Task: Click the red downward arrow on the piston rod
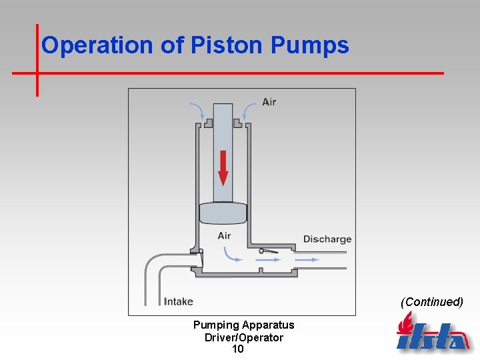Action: pos(223,167)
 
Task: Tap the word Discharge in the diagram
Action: pos(327,239)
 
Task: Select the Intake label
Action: pos(178,301)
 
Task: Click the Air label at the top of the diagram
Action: pos(269,102)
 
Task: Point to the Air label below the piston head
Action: pos(224,235)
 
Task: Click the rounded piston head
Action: pos(223,214)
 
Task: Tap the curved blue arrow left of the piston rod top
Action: pos(197,111)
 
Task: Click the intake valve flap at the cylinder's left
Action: pos(200,258)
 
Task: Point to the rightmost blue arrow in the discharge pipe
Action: pos(306,259)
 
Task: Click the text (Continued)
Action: pos(431,301)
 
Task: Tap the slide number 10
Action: pos(237,349)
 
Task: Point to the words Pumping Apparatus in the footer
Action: pos(243,325)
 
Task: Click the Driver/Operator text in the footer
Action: pos(243,337)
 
